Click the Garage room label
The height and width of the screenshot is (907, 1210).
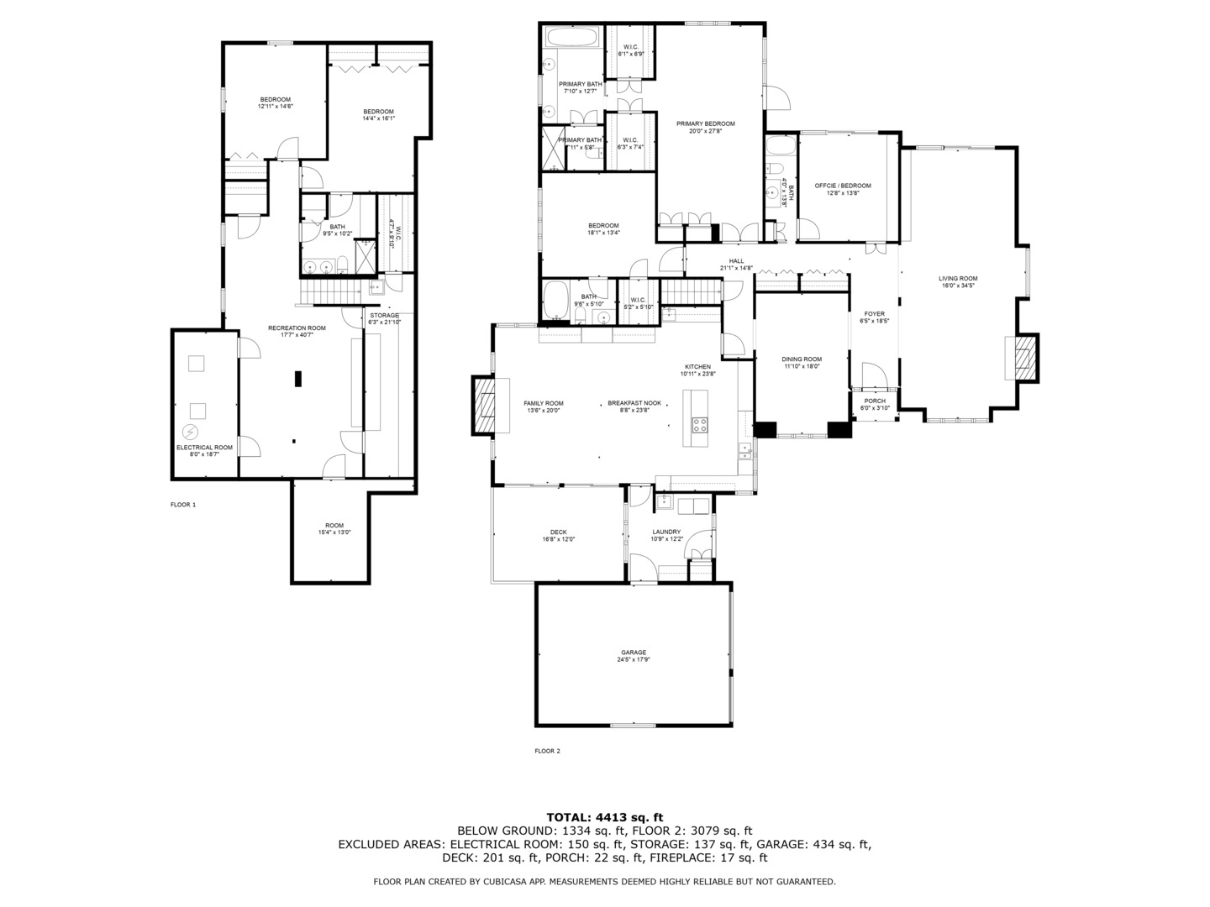point(633,653)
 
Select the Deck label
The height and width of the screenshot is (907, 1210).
point(558,532)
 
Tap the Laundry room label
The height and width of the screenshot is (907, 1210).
point(666,532)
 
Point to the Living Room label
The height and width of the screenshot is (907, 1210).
point(958,279)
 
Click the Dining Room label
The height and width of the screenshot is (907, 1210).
point(801,359)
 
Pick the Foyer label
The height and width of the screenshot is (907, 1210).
point(874,314)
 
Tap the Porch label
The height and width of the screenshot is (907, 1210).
point(875,401)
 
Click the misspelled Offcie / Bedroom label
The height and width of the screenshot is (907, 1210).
point(843,186)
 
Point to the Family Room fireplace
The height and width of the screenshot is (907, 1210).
point(487,405)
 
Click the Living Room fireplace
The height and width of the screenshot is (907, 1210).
point(1023,357)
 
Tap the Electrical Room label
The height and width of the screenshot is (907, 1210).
point(204,448)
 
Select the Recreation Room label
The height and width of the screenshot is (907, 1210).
point(297,328)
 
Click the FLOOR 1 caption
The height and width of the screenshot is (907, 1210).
point(182,505)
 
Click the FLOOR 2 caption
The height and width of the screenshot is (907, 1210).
point(547,751)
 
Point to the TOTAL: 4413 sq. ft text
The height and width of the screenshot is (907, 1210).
point(604,816)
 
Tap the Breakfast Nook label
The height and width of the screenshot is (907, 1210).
point(634,403)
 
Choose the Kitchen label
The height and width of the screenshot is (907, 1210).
point(697,367)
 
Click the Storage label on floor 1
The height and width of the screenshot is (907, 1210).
point(384,316)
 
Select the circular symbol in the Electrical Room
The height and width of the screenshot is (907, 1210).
point(191,433)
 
